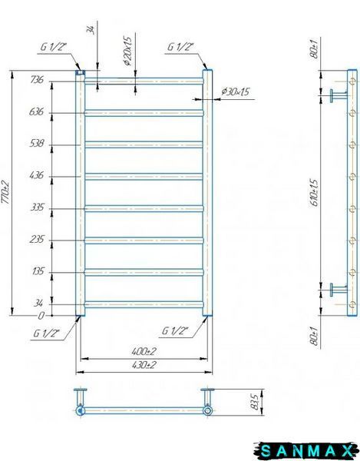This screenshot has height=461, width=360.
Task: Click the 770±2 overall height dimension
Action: coord(6,193)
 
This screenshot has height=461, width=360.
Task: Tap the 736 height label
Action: coord(37,80)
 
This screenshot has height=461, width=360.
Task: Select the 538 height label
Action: coord(37,144)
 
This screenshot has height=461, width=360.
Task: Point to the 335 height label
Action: coord(38,207)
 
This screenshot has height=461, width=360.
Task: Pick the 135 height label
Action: coord(38,271)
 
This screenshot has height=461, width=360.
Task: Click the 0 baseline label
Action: coord(41,316)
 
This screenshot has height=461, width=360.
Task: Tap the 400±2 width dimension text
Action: coord(144,351)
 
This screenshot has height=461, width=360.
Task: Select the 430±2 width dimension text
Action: coord(144,365)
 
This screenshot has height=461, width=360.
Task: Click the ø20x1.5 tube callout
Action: coord(128,50)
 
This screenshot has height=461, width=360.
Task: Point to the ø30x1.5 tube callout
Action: coord(235,92)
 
